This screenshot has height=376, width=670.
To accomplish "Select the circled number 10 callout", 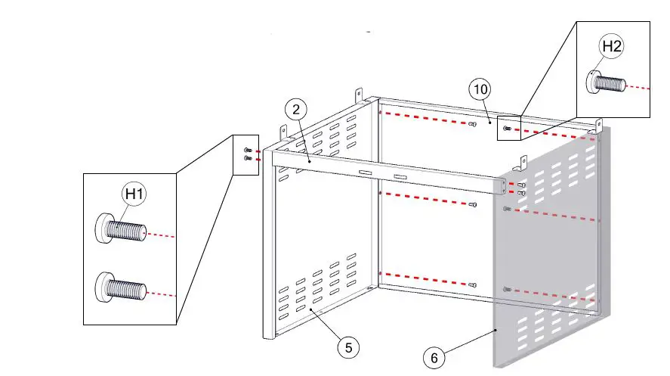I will click(x=480, y=89).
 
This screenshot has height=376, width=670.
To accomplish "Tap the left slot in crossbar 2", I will click(x=366, y=174).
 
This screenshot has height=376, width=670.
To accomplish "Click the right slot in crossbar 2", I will click(x=400, y=179).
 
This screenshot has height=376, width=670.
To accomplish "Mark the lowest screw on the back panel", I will click(x=472, y=285).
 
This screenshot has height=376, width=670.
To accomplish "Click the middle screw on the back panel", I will click(x=472, y=204).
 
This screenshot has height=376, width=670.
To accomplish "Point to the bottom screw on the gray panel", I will click(x=506, y=290).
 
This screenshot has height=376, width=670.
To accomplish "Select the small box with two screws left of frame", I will click(x=245, y=155).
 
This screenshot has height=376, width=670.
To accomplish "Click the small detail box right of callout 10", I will click(x=508, y=129).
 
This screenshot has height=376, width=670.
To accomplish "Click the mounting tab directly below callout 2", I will click(x=286, y=132).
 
